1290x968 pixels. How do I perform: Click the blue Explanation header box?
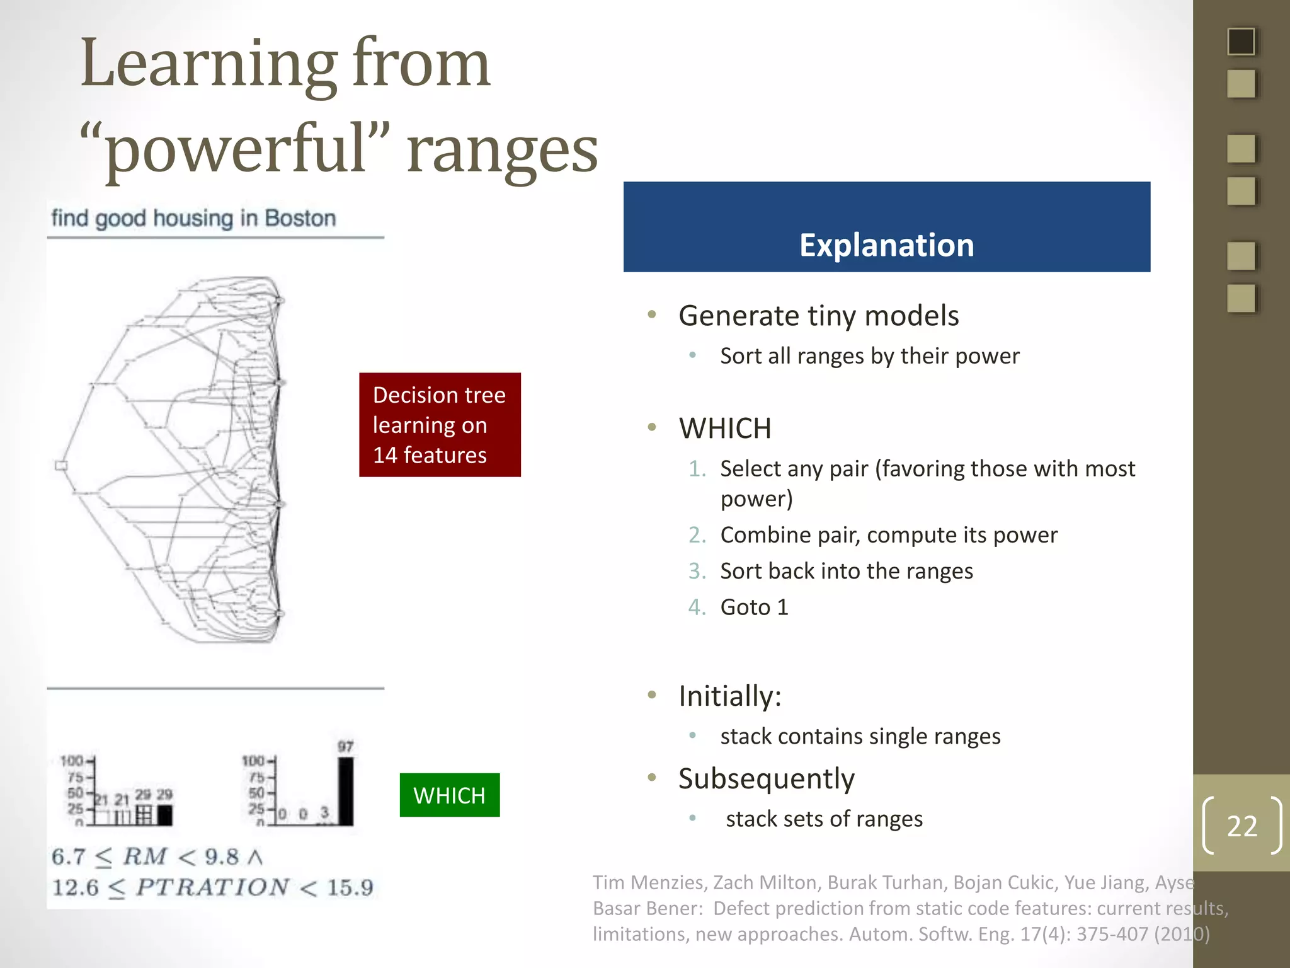[886, 227]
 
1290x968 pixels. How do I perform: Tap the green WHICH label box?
[449, 795]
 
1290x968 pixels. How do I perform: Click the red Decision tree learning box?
[440, 425]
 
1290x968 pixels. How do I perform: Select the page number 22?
[1241, 826]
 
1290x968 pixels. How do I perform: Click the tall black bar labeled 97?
[345, 791]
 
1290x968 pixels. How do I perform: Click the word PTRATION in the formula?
[212, 887]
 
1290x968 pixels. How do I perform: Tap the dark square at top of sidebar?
[1241, 42]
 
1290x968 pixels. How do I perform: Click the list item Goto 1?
[754, 607]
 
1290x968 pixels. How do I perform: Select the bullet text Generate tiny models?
[818, 315]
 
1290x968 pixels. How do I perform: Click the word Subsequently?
[766, 779]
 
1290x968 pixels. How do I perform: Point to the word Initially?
[729, 696]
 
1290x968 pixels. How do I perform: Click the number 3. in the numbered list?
[697, 571]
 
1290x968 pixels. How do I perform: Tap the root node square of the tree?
[61, 466]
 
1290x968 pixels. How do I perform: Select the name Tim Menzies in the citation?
[648, 882]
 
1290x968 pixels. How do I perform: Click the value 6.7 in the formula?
[67, 857]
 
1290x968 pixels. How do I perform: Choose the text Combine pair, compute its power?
[888, 535]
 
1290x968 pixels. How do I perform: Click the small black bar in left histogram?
[164, 815]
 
